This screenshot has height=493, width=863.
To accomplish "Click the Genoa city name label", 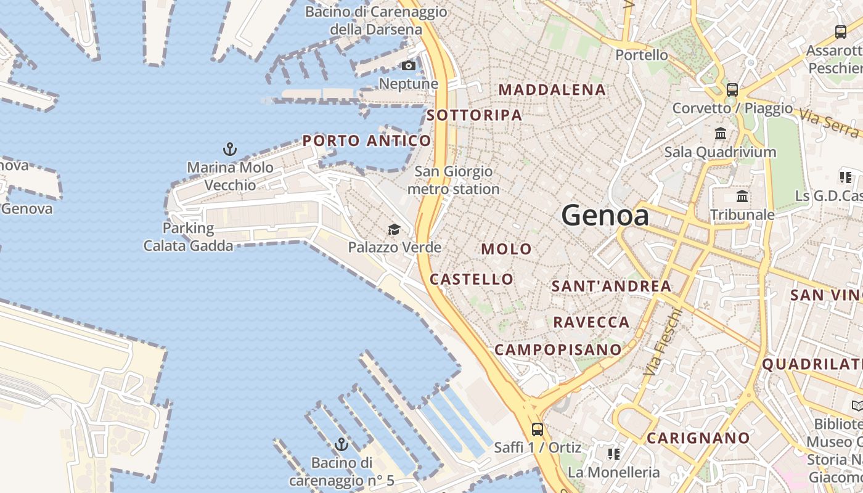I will point(605,216).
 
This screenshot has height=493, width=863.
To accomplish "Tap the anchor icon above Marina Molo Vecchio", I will point(229,149).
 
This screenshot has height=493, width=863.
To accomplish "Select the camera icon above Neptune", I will point(409,66).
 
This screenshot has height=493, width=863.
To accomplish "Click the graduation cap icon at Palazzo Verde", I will point(394,230).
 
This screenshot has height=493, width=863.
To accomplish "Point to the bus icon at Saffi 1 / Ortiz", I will point(537,429).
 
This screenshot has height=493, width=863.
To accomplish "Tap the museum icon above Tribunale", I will point(742,197).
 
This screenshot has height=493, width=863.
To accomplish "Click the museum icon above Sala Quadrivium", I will point(720,133).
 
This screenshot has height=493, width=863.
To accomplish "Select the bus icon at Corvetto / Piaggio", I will point(732,90).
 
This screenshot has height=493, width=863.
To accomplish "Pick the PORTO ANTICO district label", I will point(366,141).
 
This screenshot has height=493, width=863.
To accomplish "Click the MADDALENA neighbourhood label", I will point(552,90).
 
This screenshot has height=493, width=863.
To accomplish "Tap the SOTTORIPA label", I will point(474,115).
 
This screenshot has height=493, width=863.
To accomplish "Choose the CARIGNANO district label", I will point(698,438).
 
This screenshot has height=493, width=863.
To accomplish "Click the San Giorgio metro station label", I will point(453,180).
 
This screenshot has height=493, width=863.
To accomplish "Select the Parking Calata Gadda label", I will point(188,237).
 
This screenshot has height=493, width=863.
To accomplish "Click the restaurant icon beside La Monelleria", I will point(613,454).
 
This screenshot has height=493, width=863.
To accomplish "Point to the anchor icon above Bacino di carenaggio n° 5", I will point(341,444).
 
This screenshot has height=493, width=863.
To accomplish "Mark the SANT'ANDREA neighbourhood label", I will point(611,286).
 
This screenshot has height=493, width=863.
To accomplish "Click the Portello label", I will point(642,55).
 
